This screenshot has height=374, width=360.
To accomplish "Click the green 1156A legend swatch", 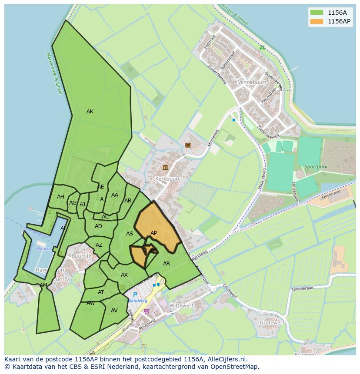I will click(317, 12).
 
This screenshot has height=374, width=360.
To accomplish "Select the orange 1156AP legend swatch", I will click(317, 21).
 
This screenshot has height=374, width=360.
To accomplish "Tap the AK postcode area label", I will click(90, 112).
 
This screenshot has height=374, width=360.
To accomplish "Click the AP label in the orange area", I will click(153, 233).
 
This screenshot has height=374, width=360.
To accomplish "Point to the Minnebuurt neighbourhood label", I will click(251, 82).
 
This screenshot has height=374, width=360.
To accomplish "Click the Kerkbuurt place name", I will click(167, 179).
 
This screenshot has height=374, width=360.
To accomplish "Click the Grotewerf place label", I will click(272, 323).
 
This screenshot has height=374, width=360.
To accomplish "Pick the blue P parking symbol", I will click(135, 295).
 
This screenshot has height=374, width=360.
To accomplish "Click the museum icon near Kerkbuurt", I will click(165, 167).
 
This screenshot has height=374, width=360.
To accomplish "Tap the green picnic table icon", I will click(262, 48).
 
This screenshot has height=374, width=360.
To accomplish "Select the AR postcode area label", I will click(167, 264).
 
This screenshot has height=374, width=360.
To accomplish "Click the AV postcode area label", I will click(114, 311).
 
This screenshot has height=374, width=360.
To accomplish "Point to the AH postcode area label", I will click(60, 197).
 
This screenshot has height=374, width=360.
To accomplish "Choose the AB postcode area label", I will click(128, 201).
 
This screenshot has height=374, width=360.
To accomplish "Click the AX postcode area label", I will click(124, 275).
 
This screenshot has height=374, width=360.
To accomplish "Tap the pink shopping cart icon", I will click(147, 311).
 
